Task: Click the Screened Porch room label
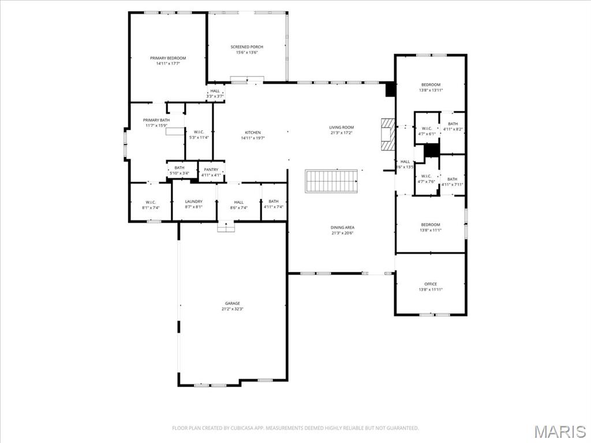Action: pos(246,47)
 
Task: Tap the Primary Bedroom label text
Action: pos(168,58)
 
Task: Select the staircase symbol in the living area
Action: pos(331,181)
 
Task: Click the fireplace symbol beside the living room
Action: pos(387,134)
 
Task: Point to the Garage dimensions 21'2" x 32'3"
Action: pos(233,309)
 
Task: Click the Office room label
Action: pos(431,284)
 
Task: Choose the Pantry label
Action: pos(211,170)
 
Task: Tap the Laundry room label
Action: pos(194,202)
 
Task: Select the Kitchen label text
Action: pos(252,133)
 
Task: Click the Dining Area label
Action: pos(342,227)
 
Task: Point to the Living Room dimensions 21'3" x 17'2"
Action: pos(342,133)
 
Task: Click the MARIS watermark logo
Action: pos(559,430)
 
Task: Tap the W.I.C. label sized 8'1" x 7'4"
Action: pos(151,202)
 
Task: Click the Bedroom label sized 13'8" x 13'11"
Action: pos(431,85)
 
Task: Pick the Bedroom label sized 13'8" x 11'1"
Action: pos(431,225)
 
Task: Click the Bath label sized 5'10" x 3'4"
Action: pos(179,168)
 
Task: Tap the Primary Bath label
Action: pos(156,120)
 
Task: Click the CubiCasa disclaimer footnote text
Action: pos(295,428)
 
